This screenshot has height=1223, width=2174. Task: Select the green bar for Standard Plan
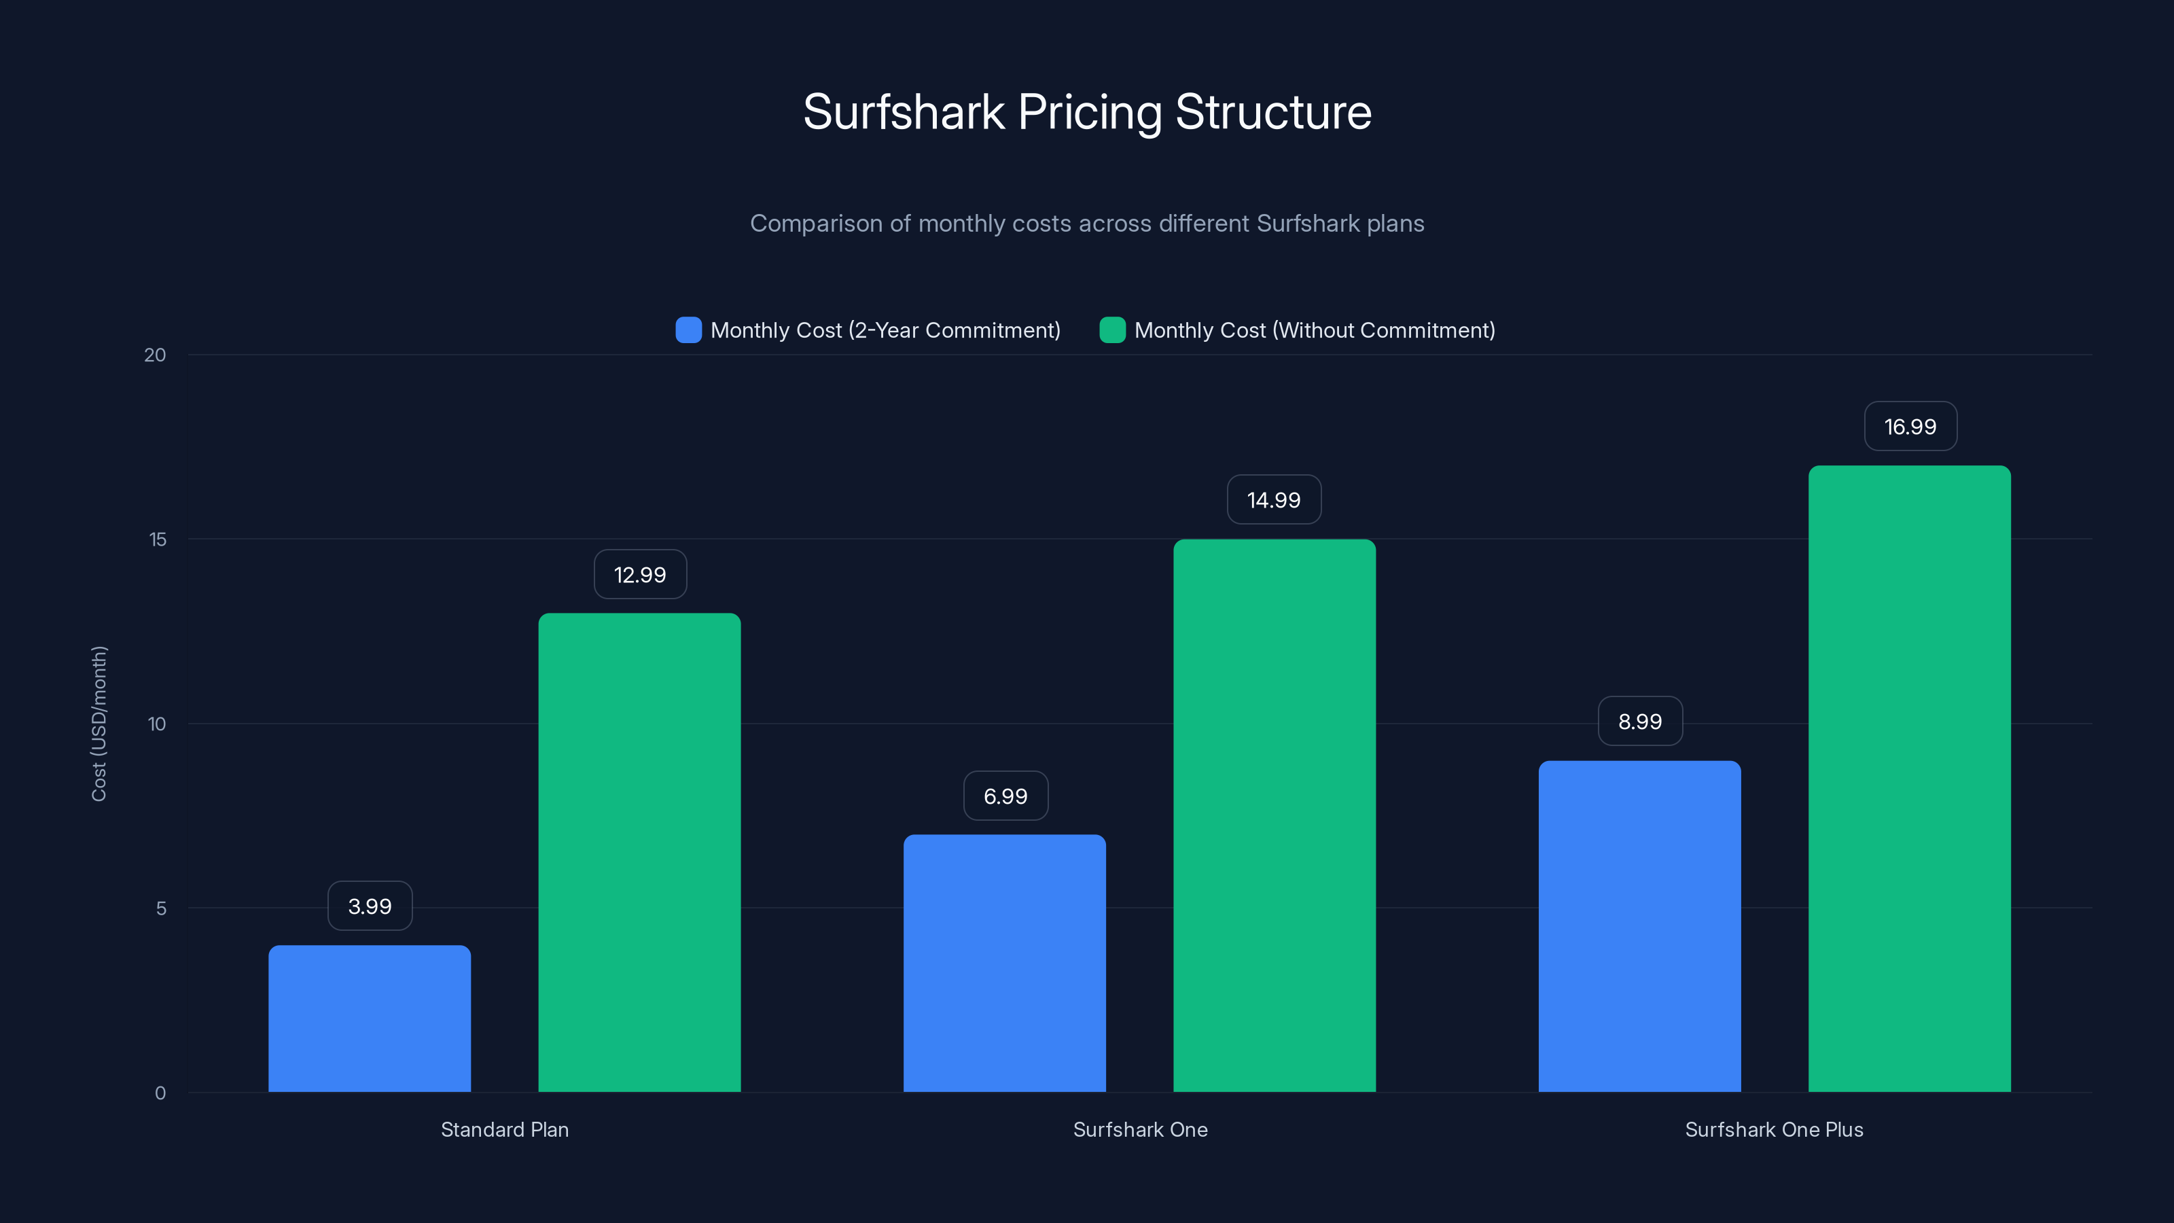click(x=640, y=853)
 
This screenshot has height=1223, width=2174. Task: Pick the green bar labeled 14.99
click(x=1275, y=815)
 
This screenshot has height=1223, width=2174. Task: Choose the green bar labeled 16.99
click(x=1909, y=778)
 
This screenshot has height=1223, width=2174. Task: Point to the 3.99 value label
click(x=370, y=906)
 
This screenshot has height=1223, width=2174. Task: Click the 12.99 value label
click(x=640, y=575)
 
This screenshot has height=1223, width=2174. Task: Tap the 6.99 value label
click(x=1005, y=796)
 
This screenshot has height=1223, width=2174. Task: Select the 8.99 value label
click(x=1640, y=722)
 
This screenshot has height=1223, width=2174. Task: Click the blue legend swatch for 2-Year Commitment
click(x=689, y=330)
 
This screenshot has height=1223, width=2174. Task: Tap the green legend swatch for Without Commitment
click(x=1112, y=330)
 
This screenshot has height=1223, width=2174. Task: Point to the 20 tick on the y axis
click(x=156, y=355)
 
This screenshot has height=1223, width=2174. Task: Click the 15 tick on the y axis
click(x=158, y=539)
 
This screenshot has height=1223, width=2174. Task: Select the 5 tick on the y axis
click(x=161, y=908)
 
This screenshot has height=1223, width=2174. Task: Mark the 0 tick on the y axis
click(x=160, y=1093)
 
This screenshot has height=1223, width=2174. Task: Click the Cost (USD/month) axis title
click(x=99, y=724)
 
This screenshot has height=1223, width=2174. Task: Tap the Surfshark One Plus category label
click(x=1774, y=1129)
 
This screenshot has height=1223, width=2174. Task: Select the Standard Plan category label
click(x=505, y=1129)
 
